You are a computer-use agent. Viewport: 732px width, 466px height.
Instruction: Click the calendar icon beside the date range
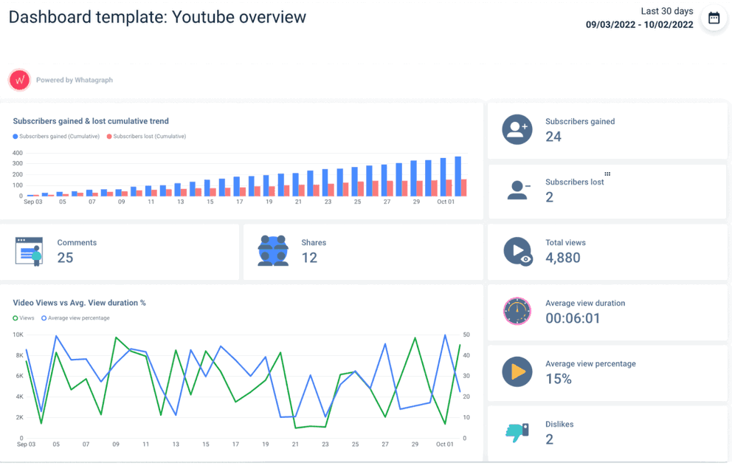(714, 18)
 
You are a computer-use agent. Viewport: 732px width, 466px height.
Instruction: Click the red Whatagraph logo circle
(19, 80)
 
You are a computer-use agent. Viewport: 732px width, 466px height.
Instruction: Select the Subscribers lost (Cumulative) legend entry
(147, 137)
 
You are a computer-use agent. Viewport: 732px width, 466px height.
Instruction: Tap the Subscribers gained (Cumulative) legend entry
(56, 137)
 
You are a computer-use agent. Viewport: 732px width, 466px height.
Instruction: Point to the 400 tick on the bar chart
(18, 153)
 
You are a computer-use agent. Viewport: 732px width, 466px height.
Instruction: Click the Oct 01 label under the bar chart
(445, 202)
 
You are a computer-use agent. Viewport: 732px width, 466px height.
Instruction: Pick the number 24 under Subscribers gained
(553, 137)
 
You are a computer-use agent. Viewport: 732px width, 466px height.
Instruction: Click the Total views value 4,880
(563, 258)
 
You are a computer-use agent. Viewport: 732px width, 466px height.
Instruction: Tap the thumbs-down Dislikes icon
(517, 432)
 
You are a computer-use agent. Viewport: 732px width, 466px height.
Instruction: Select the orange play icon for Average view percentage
(517, 371)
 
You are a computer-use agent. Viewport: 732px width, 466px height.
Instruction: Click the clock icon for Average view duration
(517, 311)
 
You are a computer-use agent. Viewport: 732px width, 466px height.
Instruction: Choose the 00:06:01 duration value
(573, 318)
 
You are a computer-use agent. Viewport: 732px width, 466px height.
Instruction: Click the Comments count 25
(65, 258)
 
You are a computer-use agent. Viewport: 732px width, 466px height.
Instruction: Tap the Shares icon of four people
(273, 251)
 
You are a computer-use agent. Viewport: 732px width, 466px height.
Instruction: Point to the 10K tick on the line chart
(18, 335)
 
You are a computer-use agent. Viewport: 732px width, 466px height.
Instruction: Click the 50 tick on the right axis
(466, 335)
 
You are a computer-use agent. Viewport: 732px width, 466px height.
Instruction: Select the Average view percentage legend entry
(76, 318)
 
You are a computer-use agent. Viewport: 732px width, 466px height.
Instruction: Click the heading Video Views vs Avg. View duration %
(79, 303)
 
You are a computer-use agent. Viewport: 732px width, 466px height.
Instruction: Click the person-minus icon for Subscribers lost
(518, 190)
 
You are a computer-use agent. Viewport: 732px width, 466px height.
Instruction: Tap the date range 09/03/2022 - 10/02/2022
(639, 24)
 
